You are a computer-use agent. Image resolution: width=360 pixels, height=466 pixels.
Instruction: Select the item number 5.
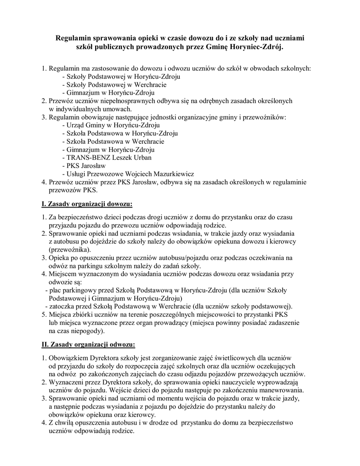(44, 314)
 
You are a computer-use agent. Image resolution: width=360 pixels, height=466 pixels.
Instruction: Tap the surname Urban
(142, 157)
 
